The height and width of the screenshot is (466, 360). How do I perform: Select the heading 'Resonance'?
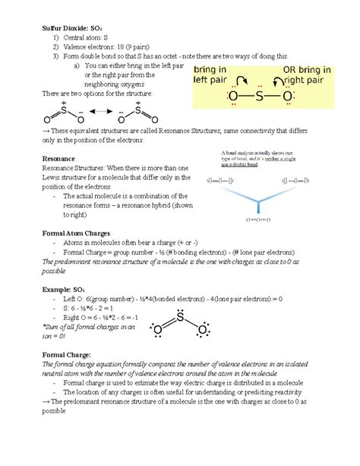(62, 158)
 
